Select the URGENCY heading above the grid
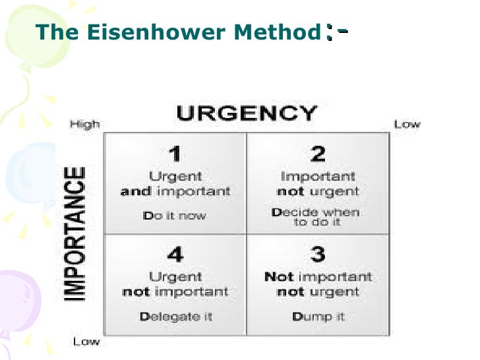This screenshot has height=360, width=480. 246,113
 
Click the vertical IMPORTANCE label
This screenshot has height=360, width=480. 76,233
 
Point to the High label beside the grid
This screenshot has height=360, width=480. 84,124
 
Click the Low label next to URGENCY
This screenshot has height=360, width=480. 407,124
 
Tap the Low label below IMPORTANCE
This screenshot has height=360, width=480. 86,341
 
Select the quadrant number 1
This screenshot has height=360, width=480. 175,155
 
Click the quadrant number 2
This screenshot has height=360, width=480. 318,155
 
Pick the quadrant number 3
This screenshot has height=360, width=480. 318,255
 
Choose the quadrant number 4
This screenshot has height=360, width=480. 175,255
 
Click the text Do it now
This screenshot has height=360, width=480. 175,216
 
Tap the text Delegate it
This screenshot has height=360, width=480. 175,316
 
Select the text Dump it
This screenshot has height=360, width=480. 318,316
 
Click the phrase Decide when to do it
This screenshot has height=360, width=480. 316,217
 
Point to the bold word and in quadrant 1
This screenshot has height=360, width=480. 134,192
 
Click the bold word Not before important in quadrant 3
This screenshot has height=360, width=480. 278,277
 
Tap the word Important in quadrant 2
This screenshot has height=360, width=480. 318,177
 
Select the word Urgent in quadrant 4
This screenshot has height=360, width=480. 175,277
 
